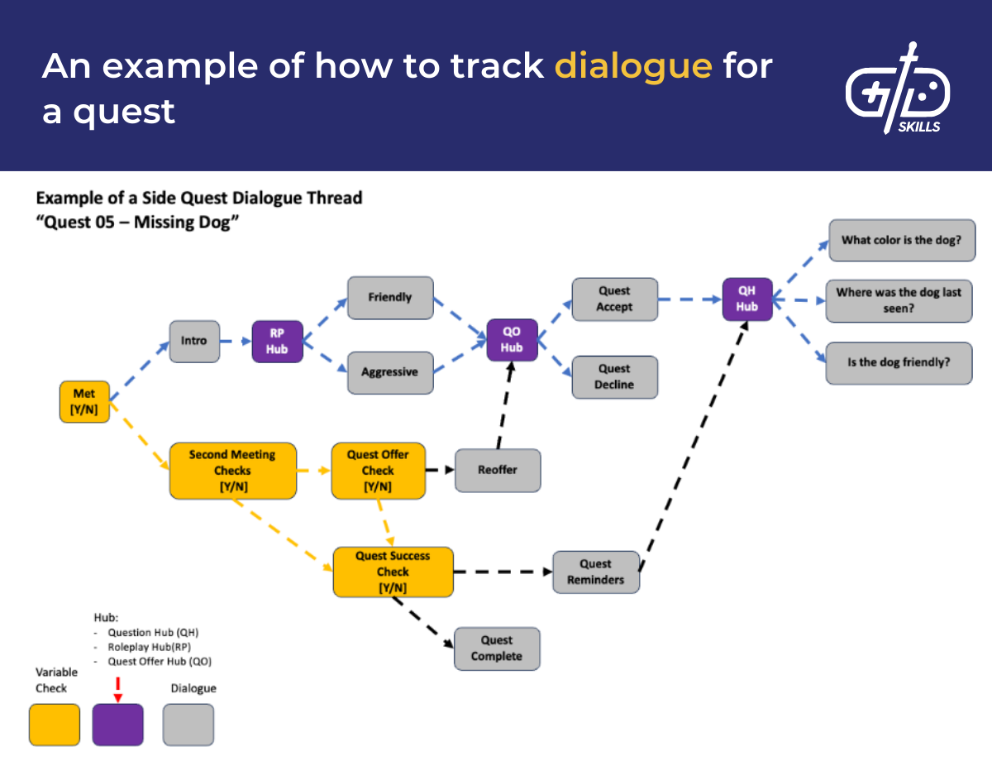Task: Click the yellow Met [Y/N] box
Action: [84, 402]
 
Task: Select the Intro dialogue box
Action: [194, 341]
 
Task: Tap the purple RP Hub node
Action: [277, 341]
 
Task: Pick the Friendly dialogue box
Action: [390, 298]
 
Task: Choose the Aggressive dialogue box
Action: [390, 372]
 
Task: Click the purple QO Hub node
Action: [512, 340]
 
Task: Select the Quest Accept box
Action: [614, 299]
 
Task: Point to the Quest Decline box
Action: [614, 377]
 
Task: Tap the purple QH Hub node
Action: [747, 299]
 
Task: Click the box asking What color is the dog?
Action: [900, 241]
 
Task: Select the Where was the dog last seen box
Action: [899, 300]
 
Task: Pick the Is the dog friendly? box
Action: [899, 363]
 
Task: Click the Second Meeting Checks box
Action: [232, 471]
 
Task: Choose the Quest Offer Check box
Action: [378, 471]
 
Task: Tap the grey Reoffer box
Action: [498, 470]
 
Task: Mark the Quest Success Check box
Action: [393, 572]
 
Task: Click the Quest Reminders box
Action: [595, 572]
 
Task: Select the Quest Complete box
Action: [497, 649]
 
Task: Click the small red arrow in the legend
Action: [117, 689]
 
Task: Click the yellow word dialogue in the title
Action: [633, 65]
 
